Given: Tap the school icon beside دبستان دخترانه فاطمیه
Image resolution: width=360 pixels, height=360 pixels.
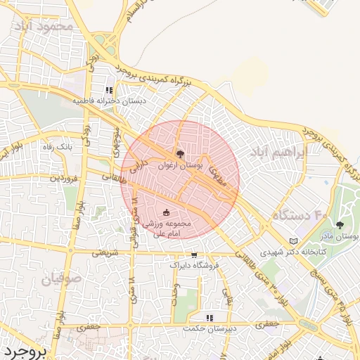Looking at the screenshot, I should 109,90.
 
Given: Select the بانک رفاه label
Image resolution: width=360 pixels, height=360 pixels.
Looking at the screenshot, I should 58,146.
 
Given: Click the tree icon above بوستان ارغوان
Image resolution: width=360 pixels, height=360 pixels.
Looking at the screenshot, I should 180,153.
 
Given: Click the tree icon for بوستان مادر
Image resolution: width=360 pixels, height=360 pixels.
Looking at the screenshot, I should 340,225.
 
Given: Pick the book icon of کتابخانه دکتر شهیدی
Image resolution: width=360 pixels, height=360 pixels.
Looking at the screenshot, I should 293,240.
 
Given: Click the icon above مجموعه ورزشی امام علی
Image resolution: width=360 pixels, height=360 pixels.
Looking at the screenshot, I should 166,212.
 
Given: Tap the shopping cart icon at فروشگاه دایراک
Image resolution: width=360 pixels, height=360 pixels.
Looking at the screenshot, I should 194,255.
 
